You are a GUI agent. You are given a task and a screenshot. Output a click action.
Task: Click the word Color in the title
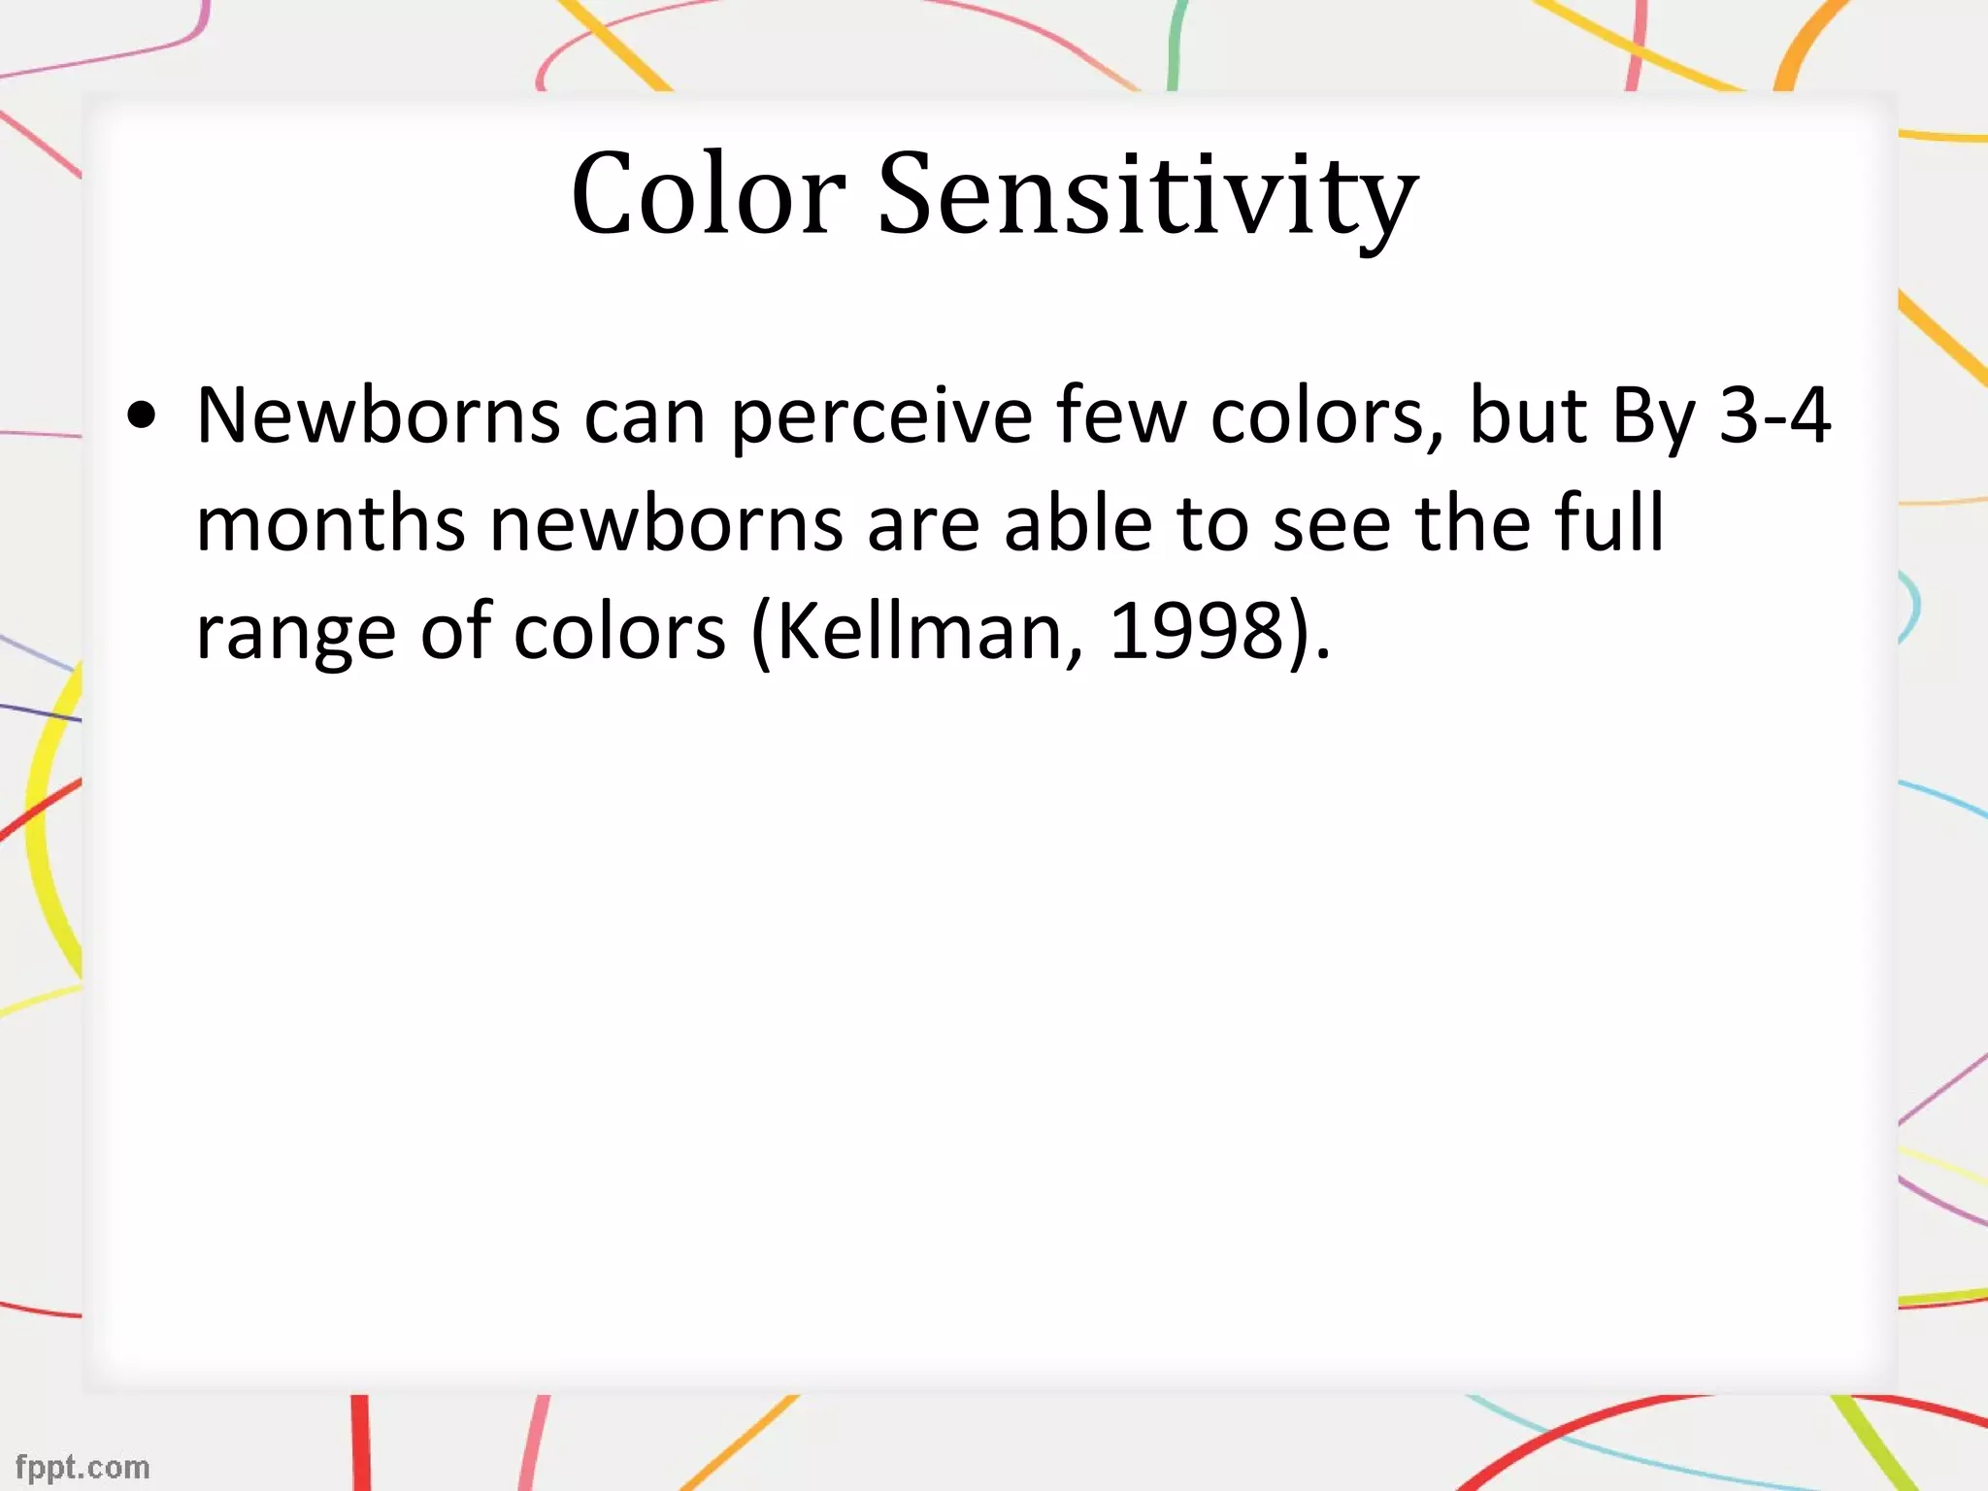708,194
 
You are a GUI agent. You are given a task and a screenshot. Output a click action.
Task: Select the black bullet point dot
142,416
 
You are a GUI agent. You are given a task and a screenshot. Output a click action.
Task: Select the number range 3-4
1774,415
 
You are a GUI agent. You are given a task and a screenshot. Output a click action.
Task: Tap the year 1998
1196,632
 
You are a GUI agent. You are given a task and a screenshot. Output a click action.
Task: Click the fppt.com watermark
83,1467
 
